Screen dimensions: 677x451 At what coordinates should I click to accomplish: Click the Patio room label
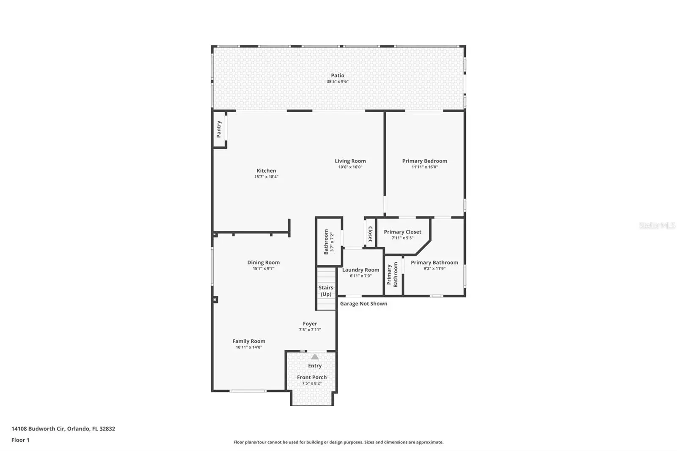coord(337,75)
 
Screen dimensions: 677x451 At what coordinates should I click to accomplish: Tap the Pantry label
coord(219,129)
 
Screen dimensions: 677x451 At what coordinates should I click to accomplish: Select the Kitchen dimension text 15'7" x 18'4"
coord(266,176)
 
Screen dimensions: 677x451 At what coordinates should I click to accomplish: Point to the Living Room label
coord(350,161)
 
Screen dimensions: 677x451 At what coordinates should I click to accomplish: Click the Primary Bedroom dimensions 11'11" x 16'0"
coord(425,167)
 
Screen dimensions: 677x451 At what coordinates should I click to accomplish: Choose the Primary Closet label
coord(402,232)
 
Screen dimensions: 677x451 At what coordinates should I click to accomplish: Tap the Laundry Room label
coord(361,269)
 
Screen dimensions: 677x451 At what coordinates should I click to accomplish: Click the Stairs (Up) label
coord(326,291)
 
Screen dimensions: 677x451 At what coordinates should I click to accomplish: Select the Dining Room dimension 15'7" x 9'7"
coord(264,268)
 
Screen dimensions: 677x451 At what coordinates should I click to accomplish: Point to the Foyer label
coord(310,324)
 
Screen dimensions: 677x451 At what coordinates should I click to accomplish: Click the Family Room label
coord(249,341)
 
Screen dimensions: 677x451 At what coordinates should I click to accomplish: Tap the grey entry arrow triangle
coord(315,357)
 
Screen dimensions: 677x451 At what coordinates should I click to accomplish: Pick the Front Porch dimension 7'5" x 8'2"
coord(311,383)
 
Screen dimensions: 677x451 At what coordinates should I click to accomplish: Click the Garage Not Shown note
coord(363,303)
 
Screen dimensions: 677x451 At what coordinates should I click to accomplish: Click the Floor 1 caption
coord(20,440)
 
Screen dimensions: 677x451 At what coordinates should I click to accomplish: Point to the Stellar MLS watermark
coord(658,225)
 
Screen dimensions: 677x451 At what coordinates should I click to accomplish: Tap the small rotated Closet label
coord(370,234)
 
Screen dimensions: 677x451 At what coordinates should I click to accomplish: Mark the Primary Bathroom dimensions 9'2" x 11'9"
coord(434,268)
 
